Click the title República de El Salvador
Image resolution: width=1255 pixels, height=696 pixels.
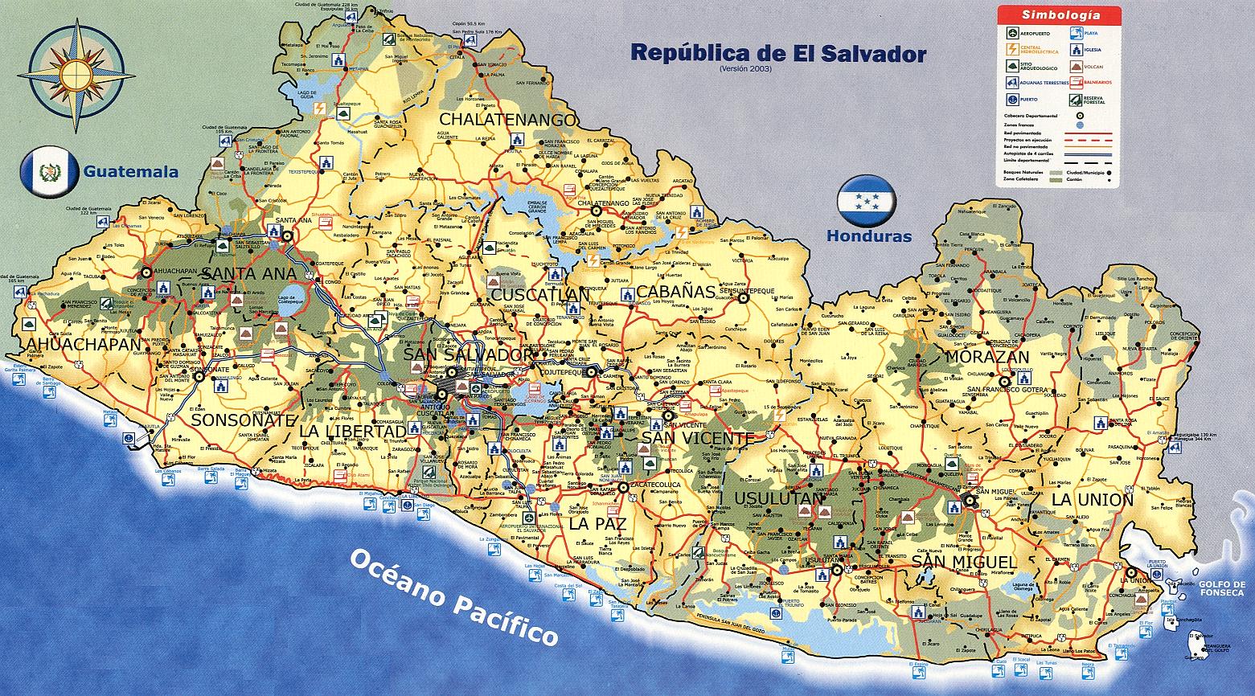[x=778, y=54]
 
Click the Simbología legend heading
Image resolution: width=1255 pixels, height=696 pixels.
[x=1058, y=15]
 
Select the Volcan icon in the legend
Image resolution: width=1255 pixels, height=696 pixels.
[x=1075, y=68]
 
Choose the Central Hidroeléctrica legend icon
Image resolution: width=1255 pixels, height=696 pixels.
[x=1011, y=51]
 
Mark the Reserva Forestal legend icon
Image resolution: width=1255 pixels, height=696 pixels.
[x=1075, y=100]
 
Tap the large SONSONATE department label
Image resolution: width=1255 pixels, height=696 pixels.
[x=233, y=419]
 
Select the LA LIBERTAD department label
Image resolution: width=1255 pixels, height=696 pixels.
[x=352, y=432]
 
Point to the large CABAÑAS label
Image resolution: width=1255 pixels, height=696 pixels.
[x=675, y=292]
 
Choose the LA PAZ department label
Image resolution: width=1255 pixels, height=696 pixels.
[x=597, y=522]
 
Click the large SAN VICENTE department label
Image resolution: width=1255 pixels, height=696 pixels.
[x=698, y=438]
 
